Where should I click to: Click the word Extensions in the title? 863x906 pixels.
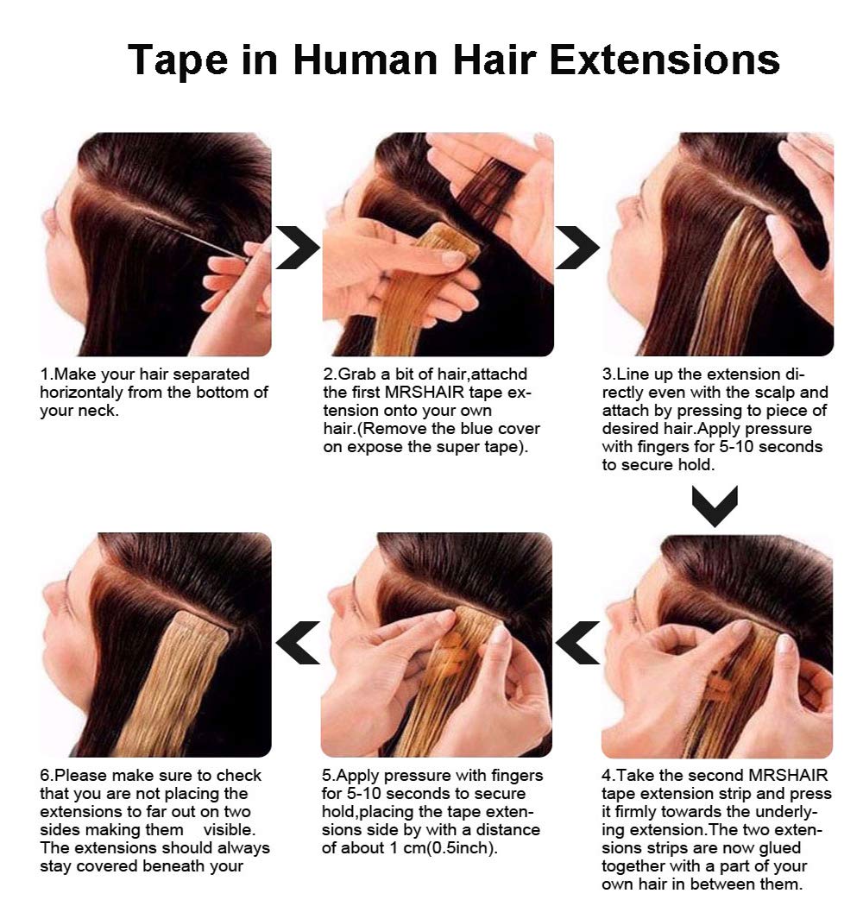click(665, 60)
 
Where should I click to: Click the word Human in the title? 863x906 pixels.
click(365, 60)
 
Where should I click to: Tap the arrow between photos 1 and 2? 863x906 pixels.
click(297, 248)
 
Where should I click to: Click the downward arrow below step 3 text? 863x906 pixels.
click(715, 506)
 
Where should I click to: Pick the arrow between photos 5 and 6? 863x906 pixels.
click(297, 643)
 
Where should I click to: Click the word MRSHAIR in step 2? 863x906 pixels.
click(425, 393)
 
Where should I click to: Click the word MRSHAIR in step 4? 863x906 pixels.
click(788, 775)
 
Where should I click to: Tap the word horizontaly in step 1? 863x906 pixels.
click(81, 393)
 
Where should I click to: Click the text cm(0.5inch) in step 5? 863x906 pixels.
click(458, 848)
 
